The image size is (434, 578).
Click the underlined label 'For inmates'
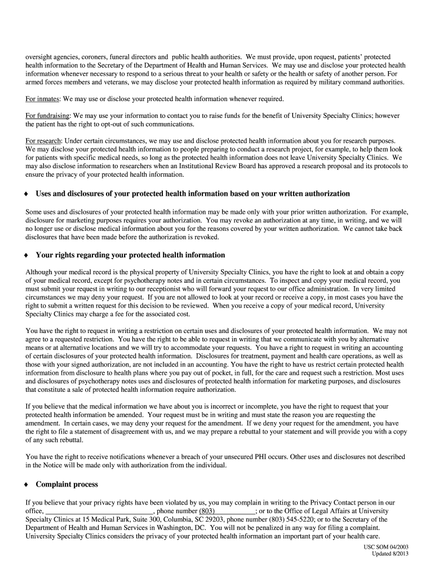(43, 99)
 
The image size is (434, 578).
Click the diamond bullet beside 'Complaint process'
(26, 485)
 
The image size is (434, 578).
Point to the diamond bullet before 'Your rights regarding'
(26, 256)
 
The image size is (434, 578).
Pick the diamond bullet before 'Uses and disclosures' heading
(26, 194)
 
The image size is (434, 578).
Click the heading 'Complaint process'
(67, 484)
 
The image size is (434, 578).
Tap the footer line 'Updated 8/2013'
(390, 554)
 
